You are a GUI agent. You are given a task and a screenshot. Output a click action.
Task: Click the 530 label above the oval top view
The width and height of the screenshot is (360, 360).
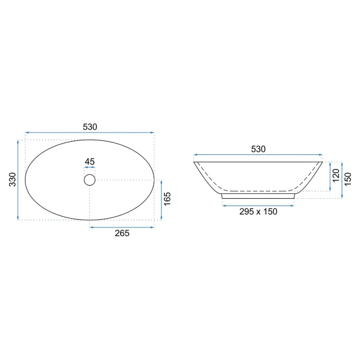(90, 127)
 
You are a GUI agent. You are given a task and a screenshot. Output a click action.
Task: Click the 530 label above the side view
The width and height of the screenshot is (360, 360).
(258, 149)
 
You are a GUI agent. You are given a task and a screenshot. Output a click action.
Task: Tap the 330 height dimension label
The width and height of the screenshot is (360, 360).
(12, 180)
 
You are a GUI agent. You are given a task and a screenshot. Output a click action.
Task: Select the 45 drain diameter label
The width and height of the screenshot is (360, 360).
(89, 162)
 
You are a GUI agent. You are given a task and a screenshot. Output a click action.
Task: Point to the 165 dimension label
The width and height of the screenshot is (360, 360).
(167, 199)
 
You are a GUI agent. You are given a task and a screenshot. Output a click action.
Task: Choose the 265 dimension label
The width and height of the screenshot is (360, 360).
(122, 233)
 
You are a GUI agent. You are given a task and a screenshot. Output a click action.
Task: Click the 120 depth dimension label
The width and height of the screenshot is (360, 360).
(336, 175)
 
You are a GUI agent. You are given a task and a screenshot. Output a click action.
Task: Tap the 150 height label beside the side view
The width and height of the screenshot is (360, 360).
(348, 179)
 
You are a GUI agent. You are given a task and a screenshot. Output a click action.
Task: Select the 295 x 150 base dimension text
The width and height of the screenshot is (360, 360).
(258, 212)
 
